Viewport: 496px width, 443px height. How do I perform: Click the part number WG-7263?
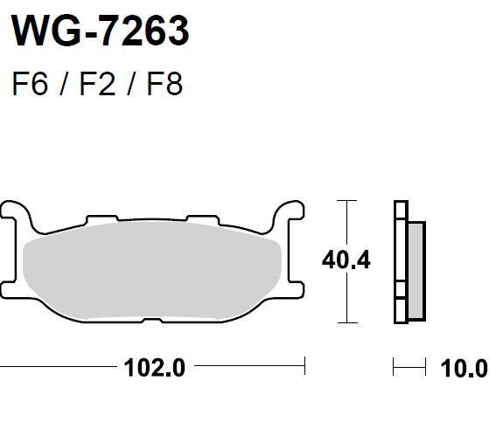coord(101,31)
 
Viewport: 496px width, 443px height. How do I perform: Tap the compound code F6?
coord(30,84)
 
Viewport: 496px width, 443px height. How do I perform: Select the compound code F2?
coord(97,84)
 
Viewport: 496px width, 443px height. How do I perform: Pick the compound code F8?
coord(164,84)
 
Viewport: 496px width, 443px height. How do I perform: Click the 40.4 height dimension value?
coord(346,260)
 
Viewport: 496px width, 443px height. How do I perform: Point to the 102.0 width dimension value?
coord(154,368)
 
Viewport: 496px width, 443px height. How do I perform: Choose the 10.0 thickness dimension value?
coord(464,369)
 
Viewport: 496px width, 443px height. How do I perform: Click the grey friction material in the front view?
coord(152,270)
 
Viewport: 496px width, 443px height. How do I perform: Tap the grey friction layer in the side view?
coord(416,271)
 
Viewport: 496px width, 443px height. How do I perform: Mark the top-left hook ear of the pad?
coord(16,210)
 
